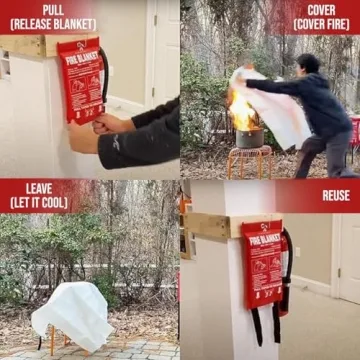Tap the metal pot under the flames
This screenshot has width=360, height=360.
(248, 136)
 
